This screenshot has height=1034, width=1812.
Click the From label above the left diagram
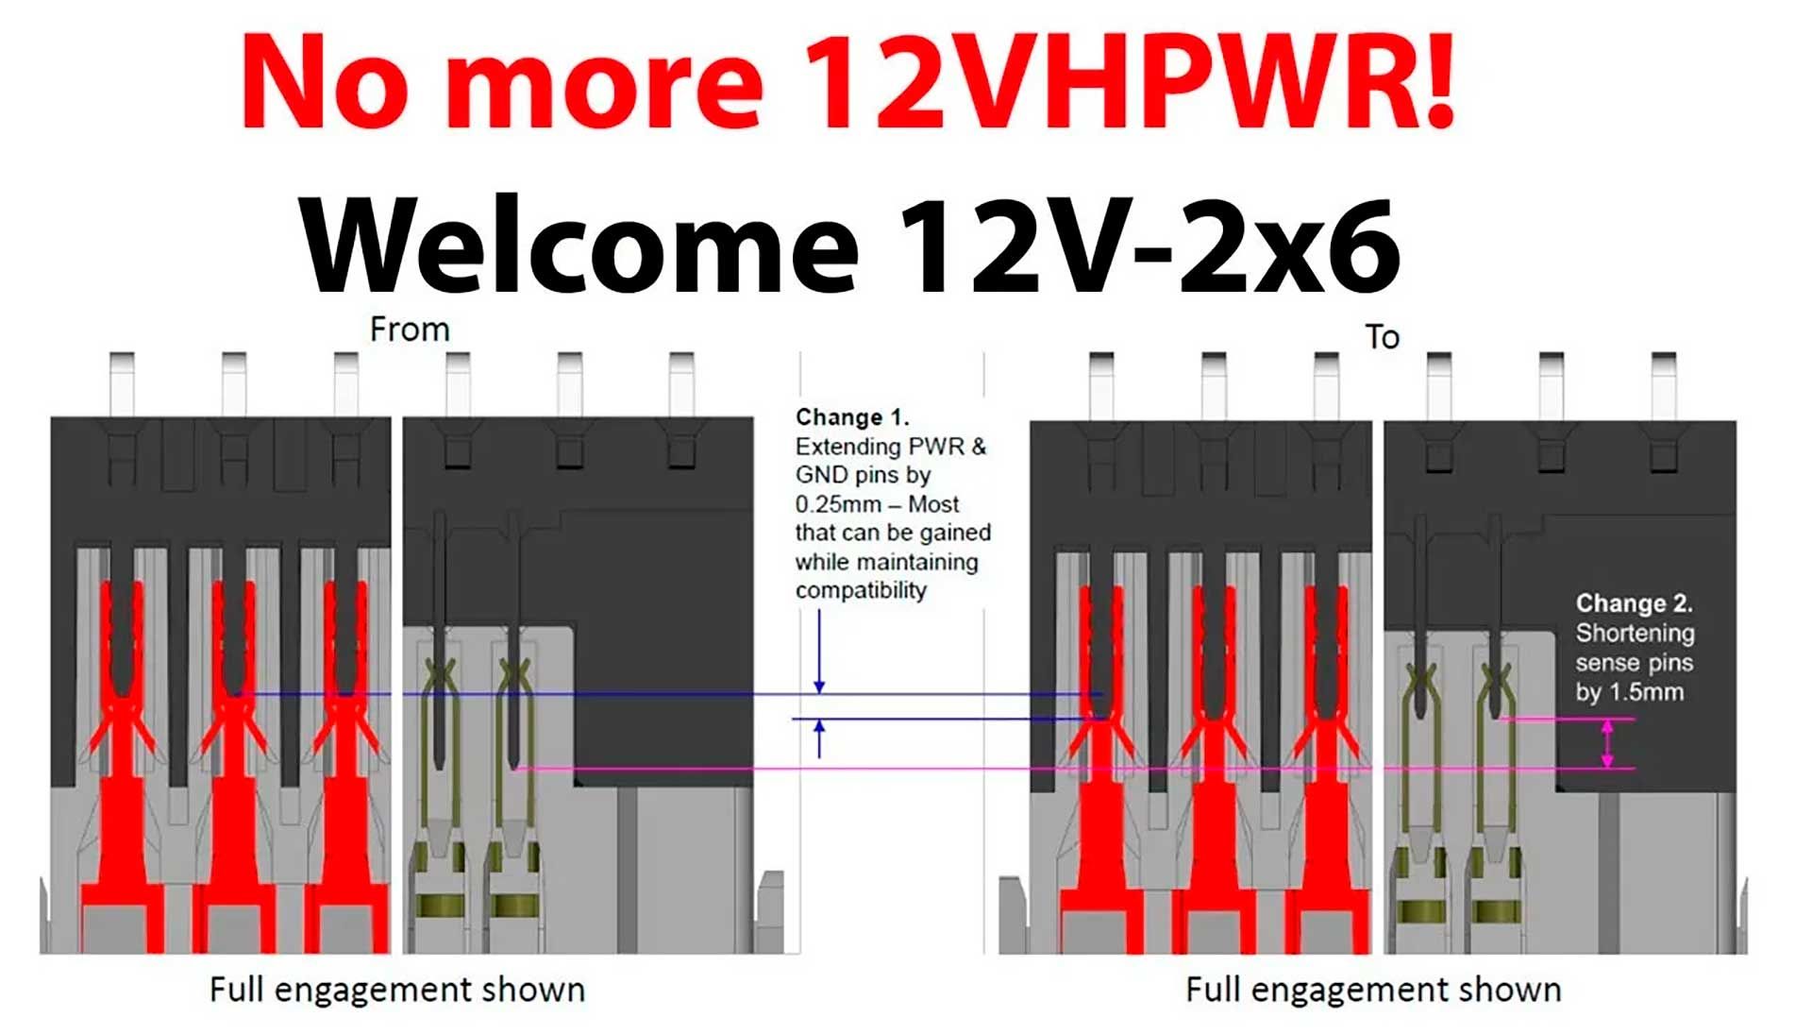(410, 330)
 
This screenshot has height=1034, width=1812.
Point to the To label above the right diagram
(1382, 337)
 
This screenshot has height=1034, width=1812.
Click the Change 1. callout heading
(851, 417)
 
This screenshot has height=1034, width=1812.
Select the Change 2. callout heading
(1634, 603)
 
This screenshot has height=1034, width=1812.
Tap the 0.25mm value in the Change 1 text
(837, 504)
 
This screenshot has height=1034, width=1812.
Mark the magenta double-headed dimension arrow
(1608, 744)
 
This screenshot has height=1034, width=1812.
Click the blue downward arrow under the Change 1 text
(819, 652)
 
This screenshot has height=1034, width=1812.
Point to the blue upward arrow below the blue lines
(819, 738)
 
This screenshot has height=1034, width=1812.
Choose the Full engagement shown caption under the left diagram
(397, 990)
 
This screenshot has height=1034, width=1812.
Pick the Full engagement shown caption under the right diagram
(1373, 990)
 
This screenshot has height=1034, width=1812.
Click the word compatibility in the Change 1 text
(861, 591)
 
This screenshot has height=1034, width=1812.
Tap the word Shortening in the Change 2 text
(1635, 633)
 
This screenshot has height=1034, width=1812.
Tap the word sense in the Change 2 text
(1605, 663)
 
